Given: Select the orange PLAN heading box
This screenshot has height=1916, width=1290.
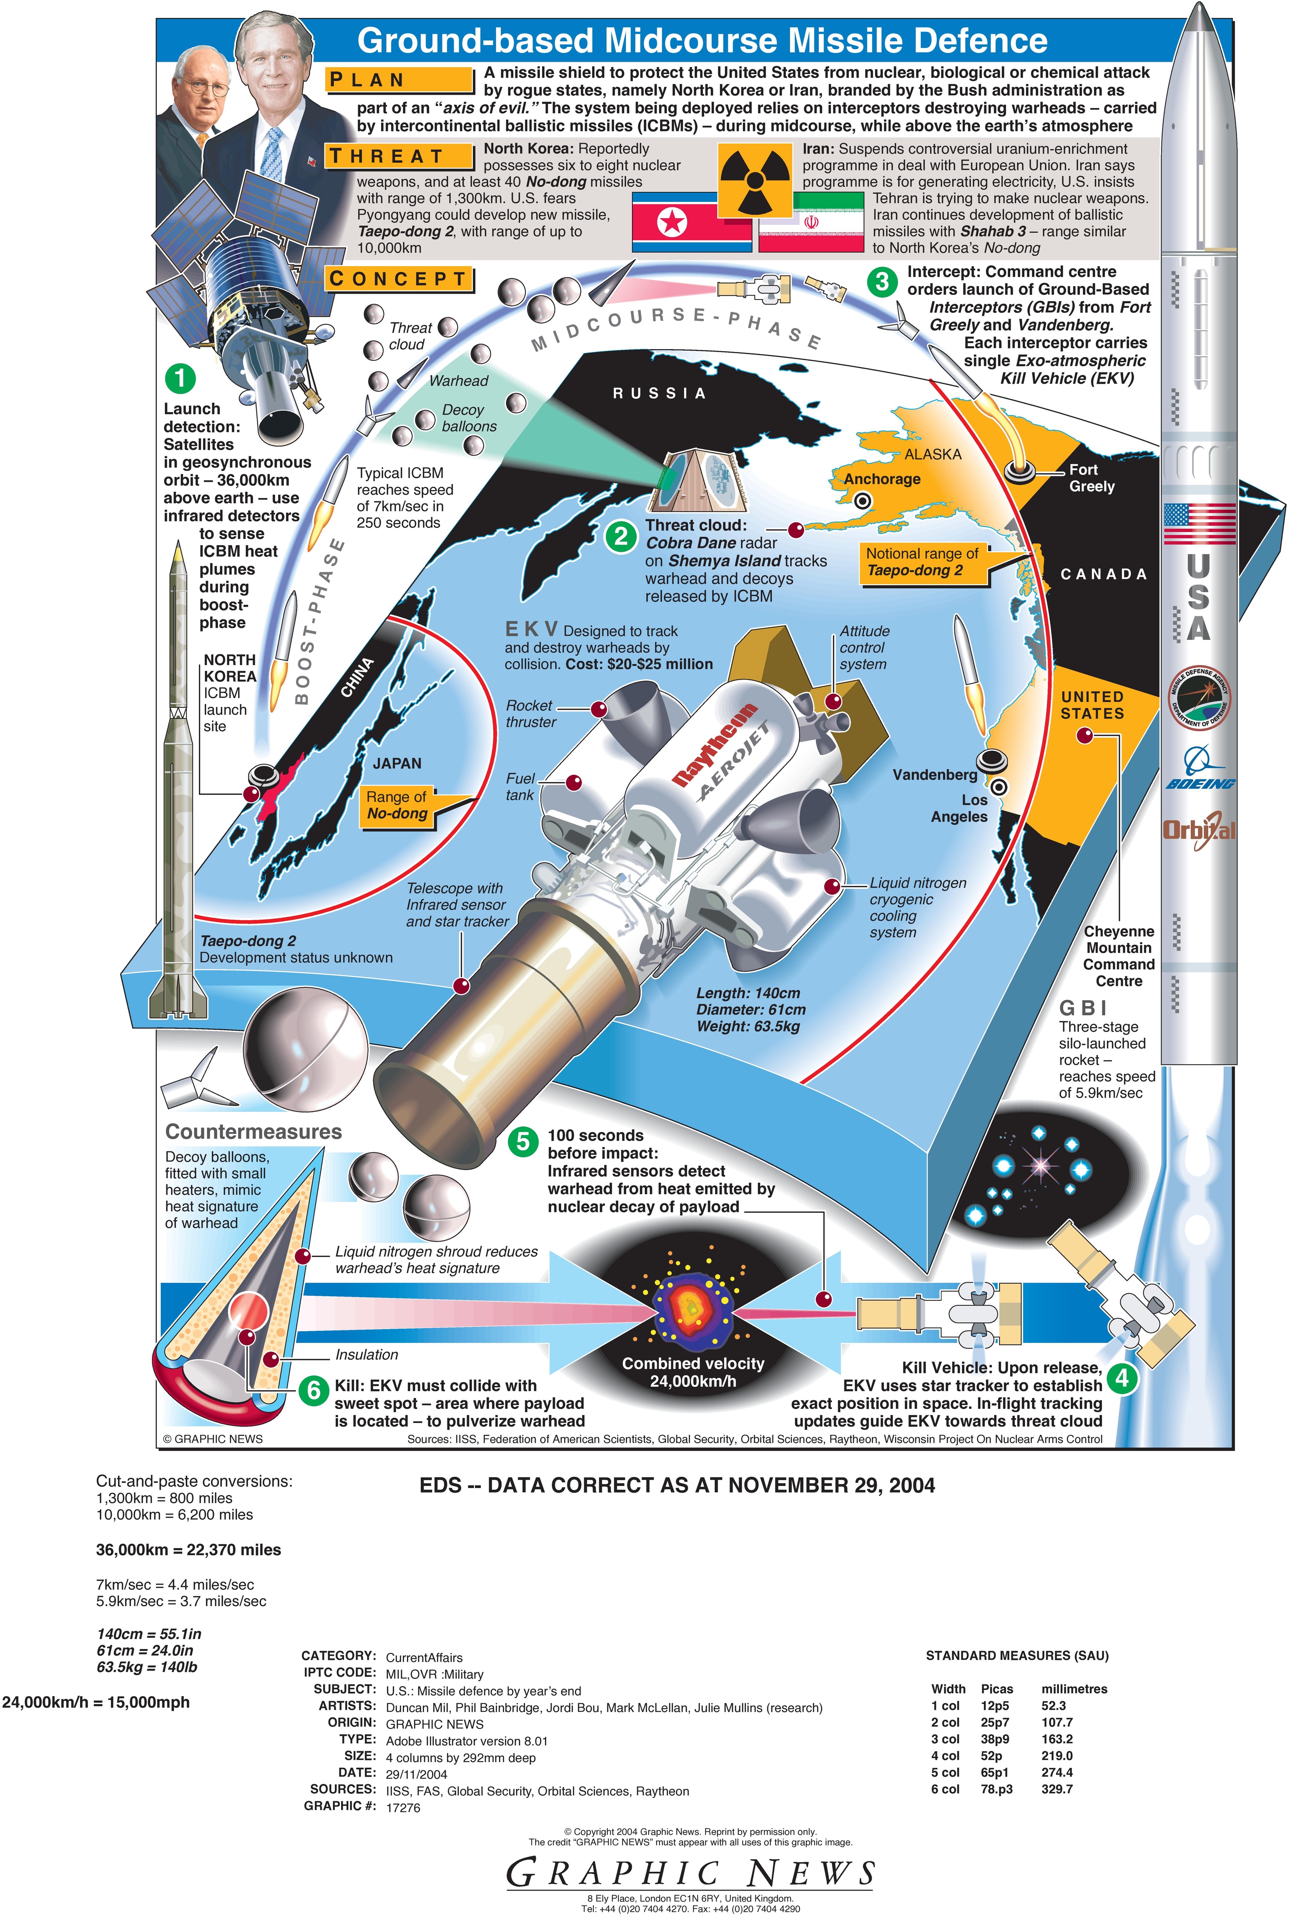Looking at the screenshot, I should [x=400, y=80].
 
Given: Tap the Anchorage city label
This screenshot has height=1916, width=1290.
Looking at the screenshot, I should [x=882, y=479].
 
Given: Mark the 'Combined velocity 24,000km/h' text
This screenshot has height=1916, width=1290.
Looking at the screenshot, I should [x=693, y=1372].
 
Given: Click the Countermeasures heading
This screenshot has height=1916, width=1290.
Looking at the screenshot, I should [x=253, y=1131].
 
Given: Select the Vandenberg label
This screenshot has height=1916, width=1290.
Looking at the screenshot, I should [x=935, y=774].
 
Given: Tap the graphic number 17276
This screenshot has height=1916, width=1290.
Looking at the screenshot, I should [x=403, y=1808].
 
